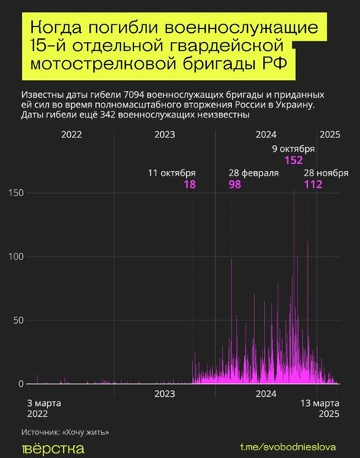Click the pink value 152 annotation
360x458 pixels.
(x=294, y=160)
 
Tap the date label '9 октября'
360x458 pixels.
(x=294, y=149)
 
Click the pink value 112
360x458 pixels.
(x=313, y=185)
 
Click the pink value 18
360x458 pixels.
(x=189, y=185)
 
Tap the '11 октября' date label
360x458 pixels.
(x=172, y=173)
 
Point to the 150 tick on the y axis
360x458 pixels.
(x=16, y=194)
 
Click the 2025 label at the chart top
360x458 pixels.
(x=329, y=134)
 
